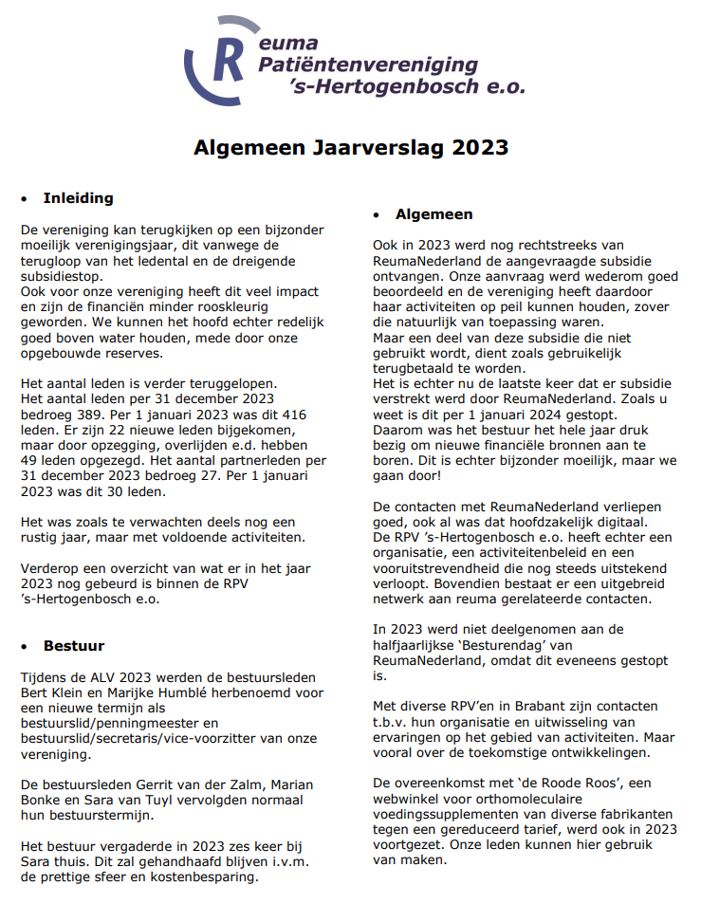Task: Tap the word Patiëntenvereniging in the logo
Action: [369, 65]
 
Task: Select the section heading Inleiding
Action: [78, 198]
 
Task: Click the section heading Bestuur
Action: [74, 646]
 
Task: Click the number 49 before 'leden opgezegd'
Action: [31, 460]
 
